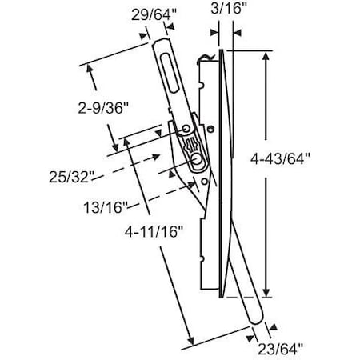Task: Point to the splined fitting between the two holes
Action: [193, 145]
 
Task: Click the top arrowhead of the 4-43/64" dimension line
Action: [266, 54]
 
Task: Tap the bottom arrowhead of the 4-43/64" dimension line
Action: [266, 294]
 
